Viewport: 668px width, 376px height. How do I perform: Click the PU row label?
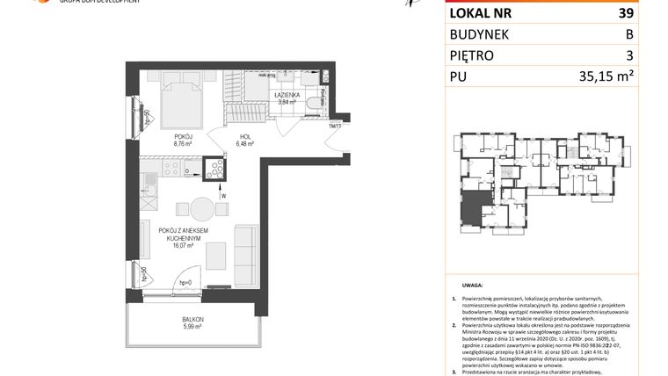tap(460, 76)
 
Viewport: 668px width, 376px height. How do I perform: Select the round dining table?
tap(201, 209)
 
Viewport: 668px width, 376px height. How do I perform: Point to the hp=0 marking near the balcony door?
tap(185, 282)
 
